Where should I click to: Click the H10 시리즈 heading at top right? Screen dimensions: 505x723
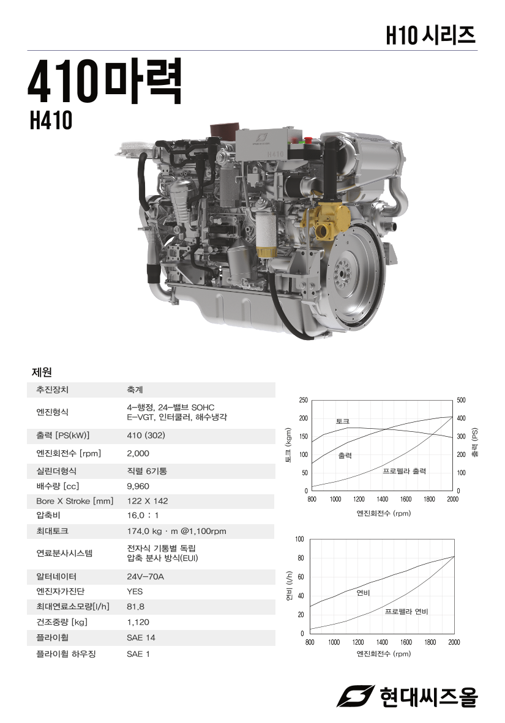click(431, 35)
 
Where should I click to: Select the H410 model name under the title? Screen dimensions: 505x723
click(51, 120)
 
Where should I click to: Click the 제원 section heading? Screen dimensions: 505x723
click(42, 372)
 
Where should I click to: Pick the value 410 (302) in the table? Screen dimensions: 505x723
click(146, 436)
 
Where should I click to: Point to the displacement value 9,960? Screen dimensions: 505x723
click(138, 486)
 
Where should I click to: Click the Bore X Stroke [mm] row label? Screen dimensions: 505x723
click(75, 501)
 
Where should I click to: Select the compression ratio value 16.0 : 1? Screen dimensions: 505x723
click(143, 516)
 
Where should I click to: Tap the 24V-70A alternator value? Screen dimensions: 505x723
click(146, 576)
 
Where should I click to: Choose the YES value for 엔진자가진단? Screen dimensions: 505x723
click(135, 591)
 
